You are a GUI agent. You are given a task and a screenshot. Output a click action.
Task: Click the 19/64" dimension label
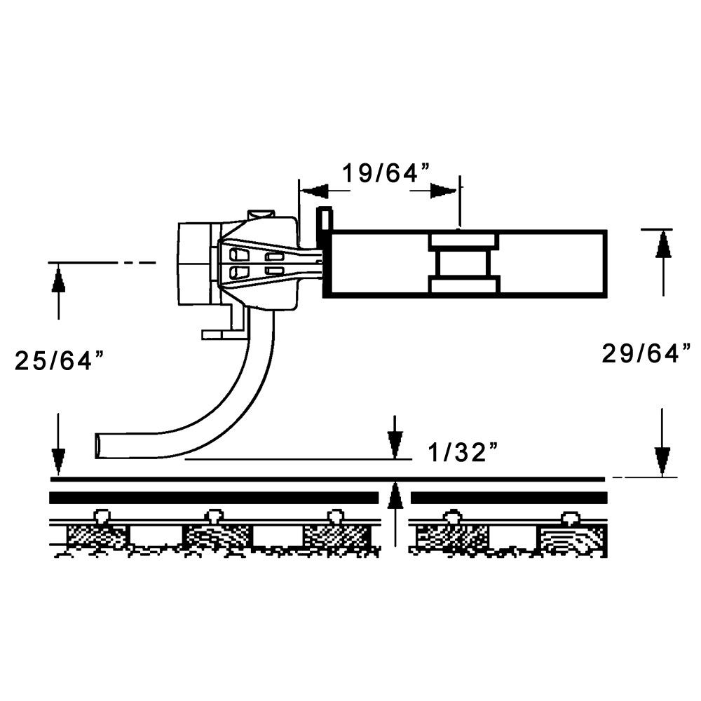(x=385, y=173)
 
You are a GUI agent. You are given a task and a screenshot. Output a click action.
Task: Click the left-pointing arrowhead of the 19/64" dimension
(x=315, y=191)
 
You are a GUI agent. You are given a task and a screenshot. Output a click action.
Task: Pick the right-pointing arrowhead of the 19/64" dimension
(x=444, y=191)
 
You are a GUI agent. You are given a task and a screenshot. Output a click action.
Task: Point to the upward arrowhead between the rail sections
(x=395, y=494)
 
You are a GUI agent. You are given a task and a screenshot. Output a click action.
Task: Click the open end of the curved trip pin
(x=99, y=446)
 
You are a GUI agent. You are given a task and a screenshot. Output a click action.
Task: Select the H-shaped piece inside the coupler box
(x=463, y=264)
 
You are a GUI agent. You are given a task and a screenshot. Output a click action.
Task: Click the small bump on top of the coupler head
(x=261, y=213)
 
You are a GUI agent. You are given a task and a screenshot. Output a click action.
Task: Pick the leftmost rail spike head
(x=102, y=516)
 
